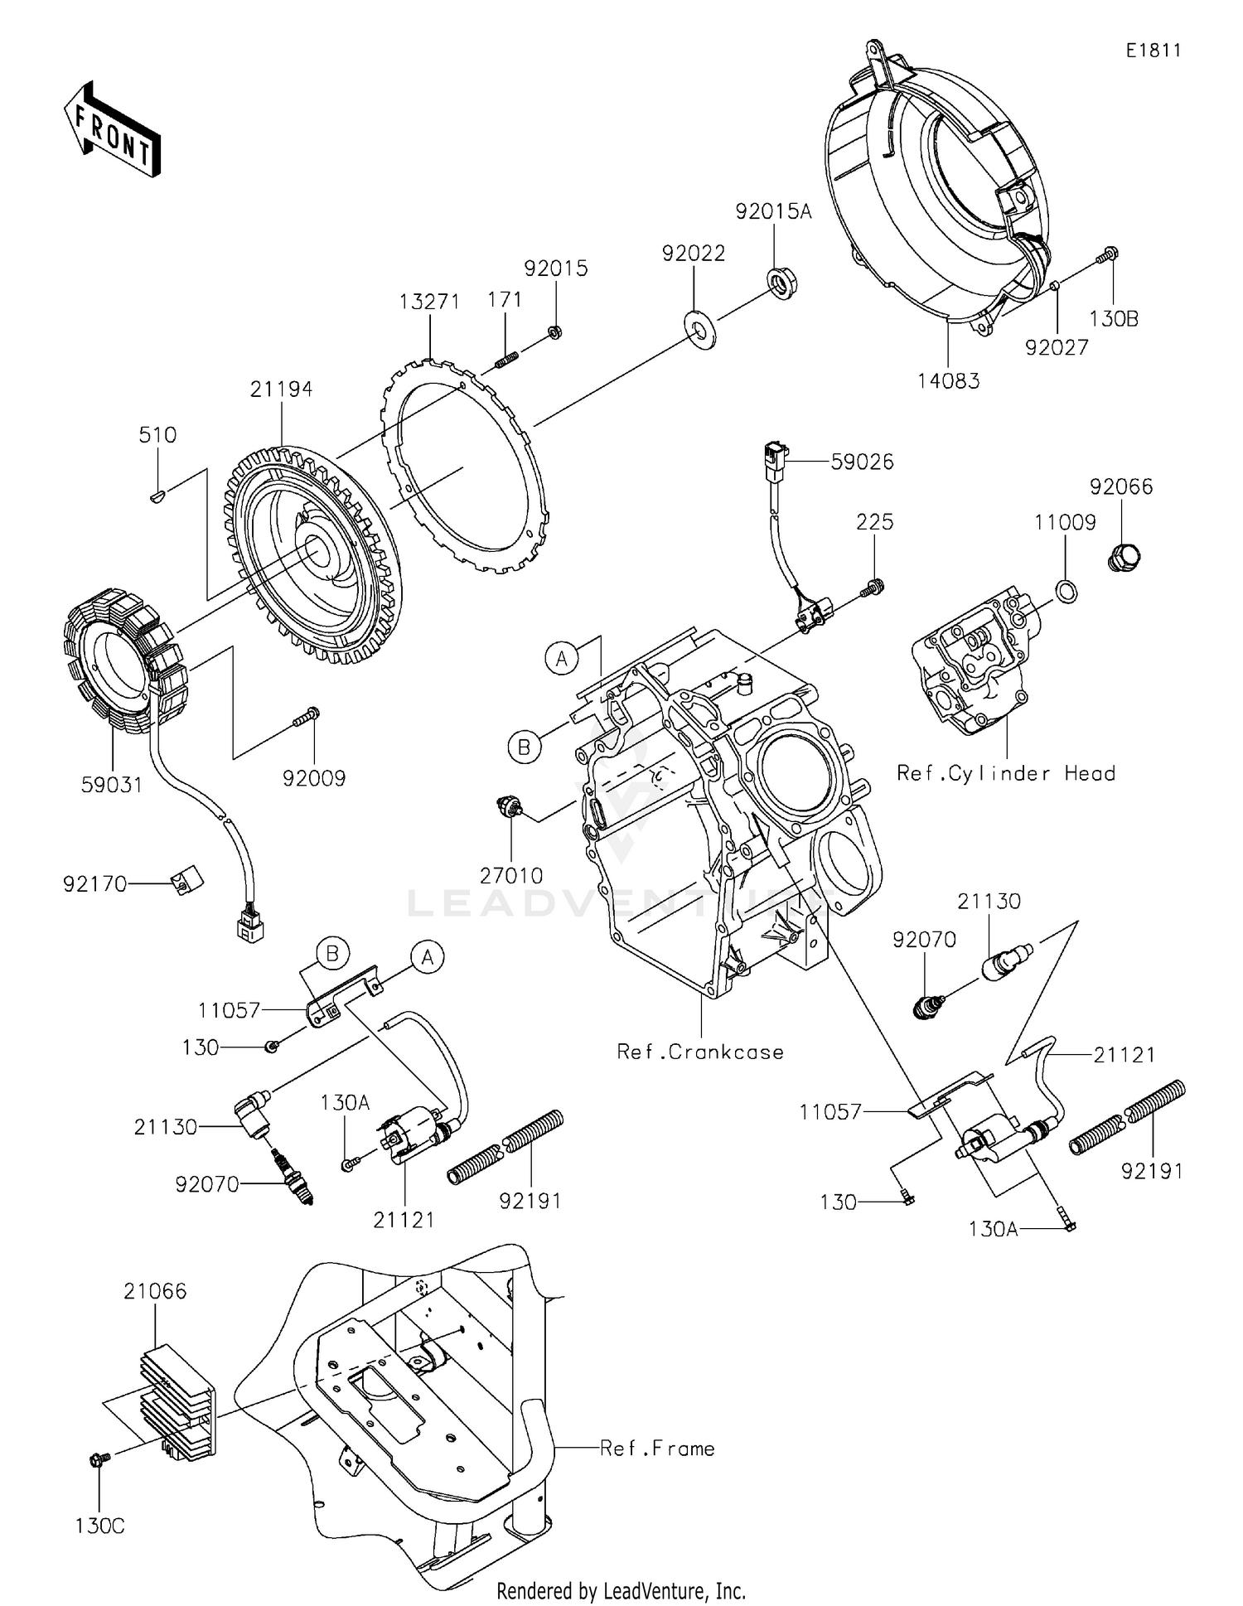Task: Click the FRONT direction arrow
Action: click(x=111, y=128)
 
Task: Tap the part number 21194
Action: click(x=282, y=389)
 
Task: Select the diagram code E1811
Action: click(x=1153, y=51)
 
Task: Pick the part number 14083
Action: click(x=948, y=381)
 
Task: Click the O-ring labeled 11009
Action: click(x=1067, y=591)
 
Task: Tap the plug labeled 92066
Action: click(x=1123, y=555)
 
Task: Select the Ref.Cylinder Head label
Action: click(x=1006, y=773)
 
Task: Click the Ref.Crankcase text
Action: click(x=700, y=1052)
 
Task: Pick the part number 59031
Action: click(x=111, y=784)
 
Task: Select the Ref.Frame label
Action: click(x=657, y=1449)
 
